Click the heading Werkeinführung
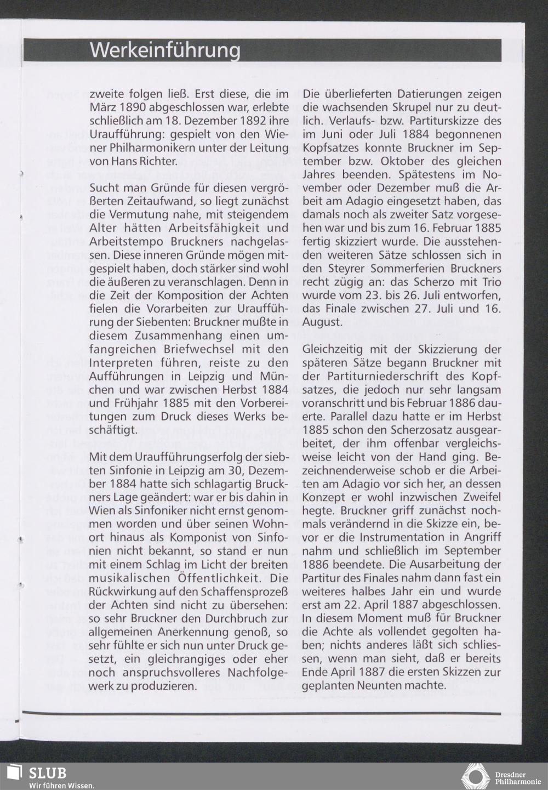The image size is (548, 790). pyautogui.click(x=165, y=50)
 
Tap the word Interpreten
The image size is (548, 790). pyautogui.click(x=118, y=363)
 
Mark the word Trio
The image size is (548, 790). pyautogui.click(x=489, y=282)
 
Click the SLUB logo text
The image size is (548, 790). pyautogui.click(x=47, y=773)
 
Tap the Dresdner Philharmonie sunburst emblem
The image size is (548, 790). pyautogui.click(x=475, y=777)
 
